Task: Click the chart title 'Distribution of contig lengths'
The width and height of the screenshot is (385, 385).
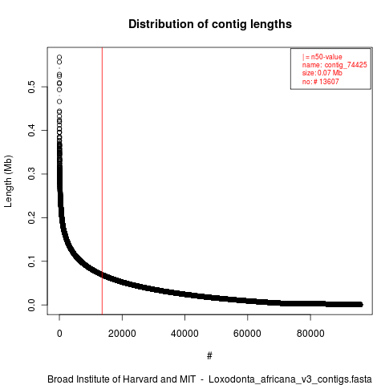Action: point(210,24)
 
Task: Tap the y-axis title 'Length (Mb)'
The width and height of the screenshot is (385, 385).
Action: point(8,181)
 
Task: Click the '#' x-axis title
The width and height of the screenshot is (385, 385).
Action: point(209,356)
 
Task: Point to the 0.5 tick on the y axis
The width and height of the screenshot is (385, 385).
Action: point(31,87)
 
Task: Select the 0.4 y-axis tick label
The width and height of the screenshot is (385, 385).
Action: point(31,131)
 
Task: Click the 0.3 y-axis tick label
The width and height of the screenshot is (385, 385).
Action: point(31,174)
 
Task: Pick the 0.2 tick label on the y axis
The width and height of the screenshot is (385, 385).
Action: point(31,217)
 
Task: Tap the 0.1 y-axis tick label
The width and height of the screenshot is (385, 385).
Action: point(31,261)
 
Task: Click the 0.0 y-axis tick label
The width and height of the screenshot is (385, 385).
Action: point(31,305)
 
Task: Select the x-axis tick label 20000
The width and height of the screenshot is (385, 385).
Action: point(122,334)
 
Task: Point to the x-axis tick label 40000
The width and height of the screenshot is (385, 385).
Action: point(184,334)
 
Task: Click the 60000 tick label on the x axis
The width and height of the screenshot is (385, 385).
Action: point(247,334)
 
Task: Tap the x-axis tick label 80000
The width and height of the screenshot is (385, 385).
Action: point(310,334)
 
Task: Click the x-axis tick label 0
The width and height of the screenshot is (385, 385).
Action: point(59,334)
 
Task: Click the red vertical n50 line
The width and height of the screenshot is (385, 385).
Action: point(102,181)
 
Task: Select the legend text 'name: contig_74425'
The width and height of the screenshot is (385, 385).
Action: point(334,65)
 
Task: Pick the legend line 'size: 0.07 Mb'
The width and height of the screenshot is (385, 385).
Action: point(322,73)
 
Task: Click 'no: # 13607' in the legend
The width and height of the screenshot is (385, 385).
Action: point(321,81)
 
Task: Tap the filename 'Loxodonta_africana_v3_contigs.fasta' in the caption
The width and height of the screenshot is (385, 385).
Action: point(290,379)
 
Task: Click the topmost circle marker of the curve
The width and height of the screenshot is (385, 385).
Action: point(59,57)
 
